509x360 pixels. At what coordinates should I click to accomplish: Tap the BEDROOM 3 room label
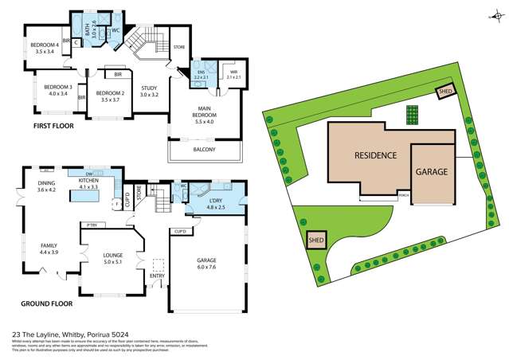coord(58,86)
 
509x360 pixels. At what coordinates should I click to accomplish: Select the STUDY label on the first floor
coord(149,88)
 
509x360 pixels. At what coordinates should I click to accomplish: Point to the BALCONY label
coord(205,149)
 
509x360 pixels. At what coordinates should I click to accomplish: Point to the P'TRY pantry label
coord(92,225)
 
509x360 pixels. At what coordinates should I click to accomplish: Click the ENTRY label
coord(157,276)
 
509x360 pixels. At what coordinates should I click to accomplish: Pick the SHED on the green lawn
coord(315,238)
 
